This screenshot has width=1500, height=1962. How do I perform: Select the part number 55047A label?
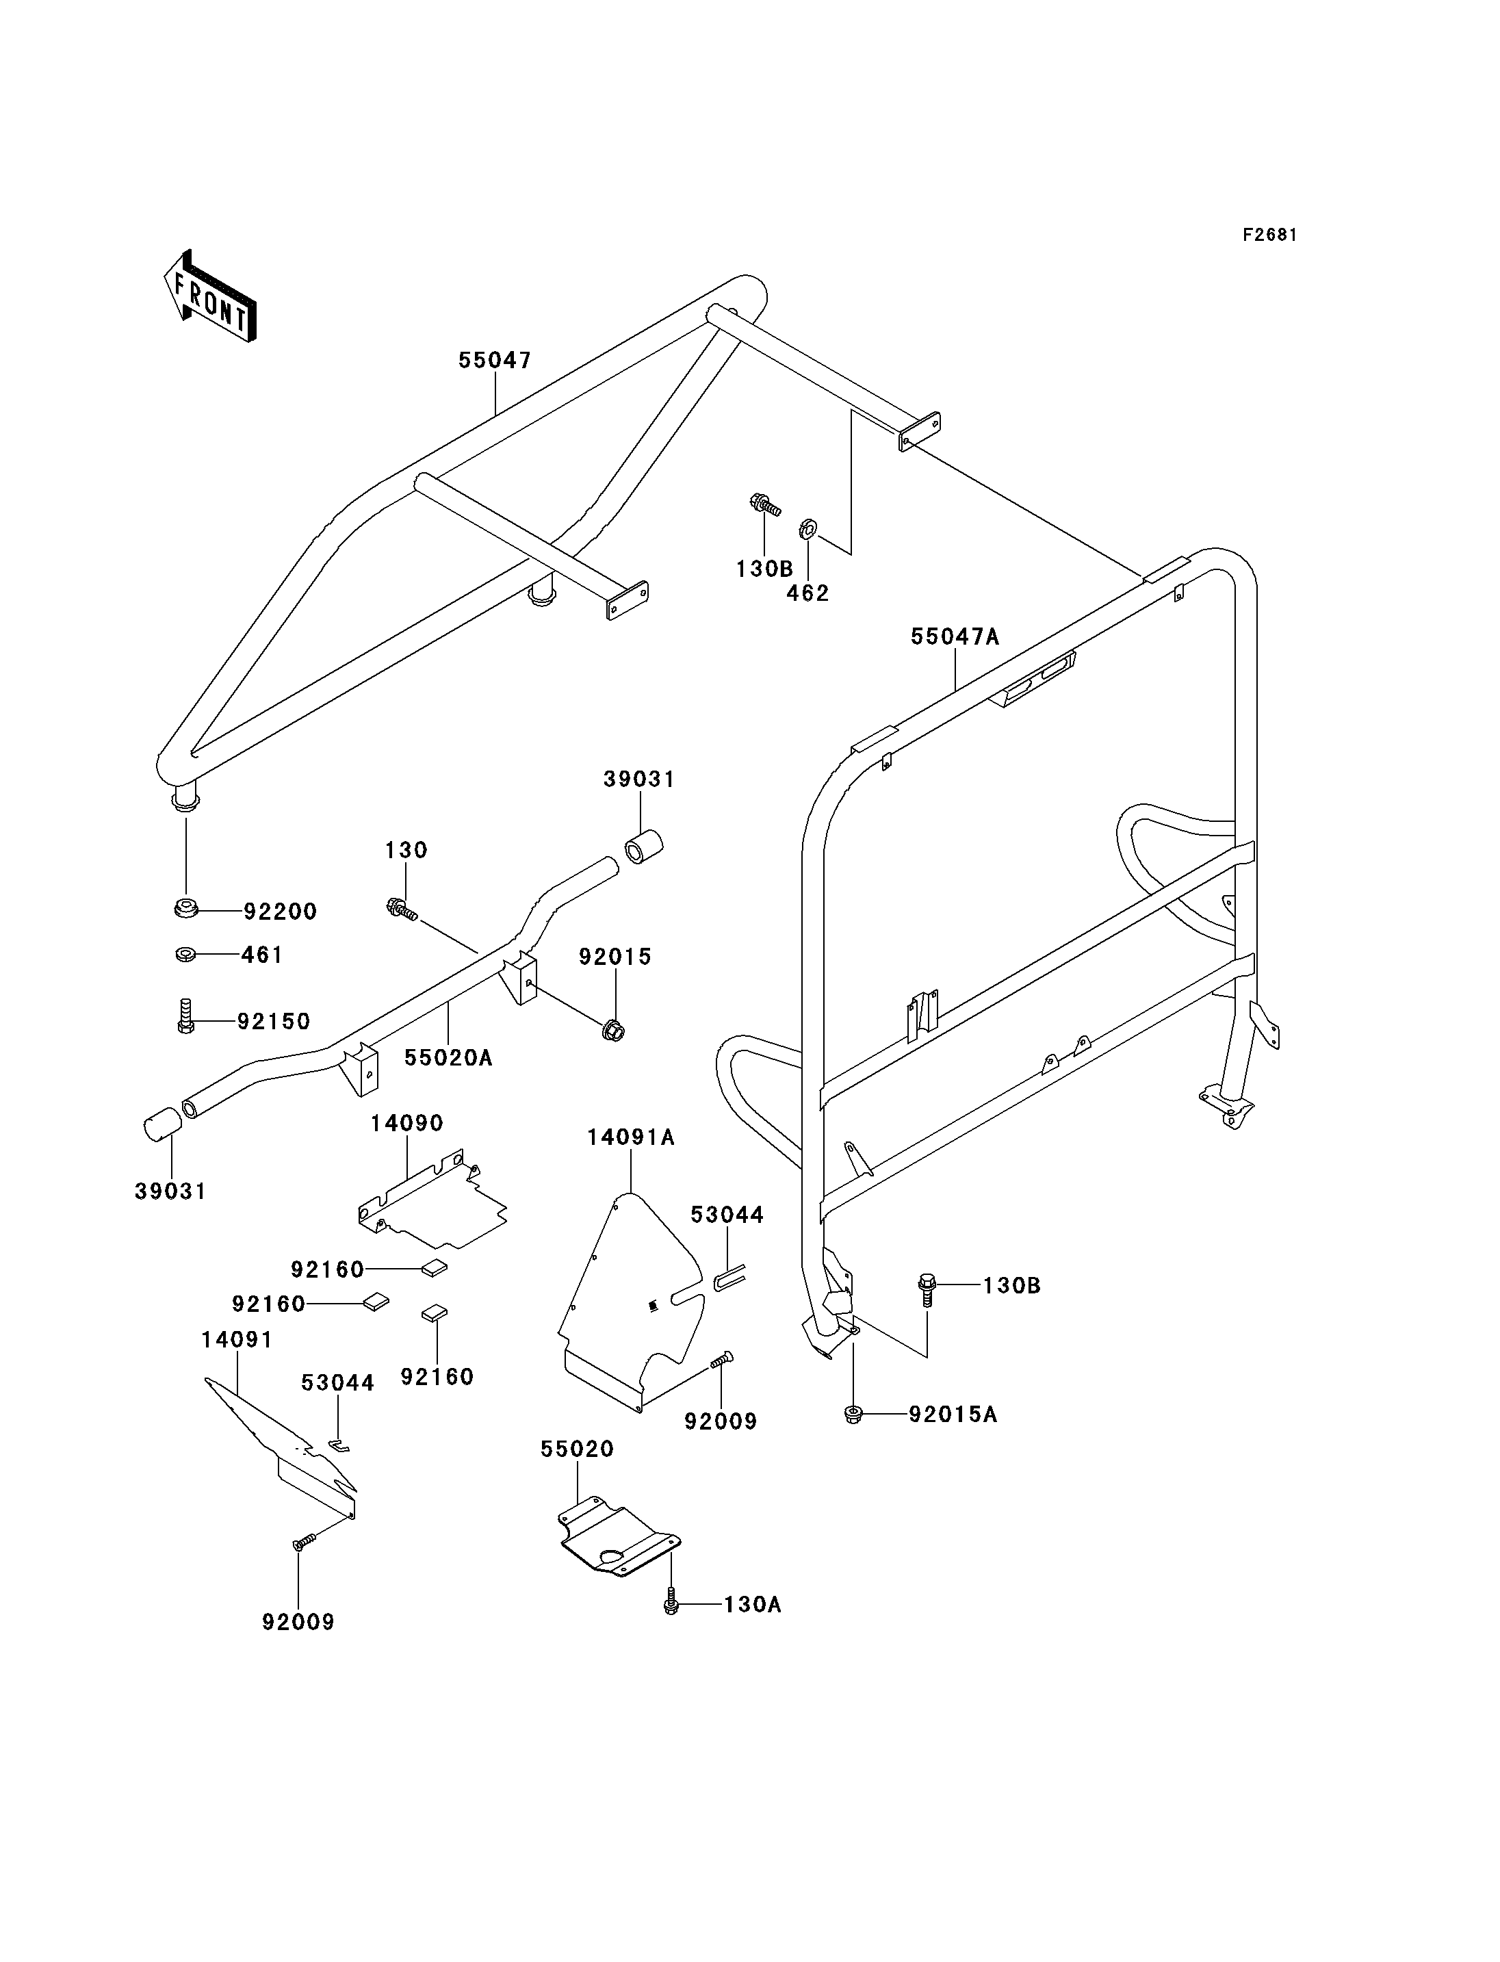tap(955, 636)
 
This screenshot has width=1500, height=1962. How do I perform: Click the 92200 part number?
tap(281, 912)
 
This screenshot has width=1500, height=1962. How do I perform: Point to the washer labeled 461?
tap(185, 955)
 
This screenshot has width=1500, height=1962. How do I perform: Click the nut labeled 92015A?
tap(853, 1415)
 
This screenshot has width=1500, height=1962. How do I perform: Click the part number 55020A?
tap(448, 1058)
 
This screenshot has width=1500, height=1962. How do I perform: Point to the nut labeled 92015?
tap(613, 1030)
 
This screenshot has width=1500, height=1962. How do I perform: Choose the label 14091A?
tap(630, 1138)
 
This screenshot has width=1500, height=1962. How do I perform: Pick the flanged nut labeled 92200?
tap(185, 910)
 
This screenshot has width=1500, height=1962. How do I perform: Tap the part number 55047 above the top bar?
tap(495, 360)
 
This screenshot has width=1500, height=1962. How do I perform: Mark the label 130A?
tap(752, 1605)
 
